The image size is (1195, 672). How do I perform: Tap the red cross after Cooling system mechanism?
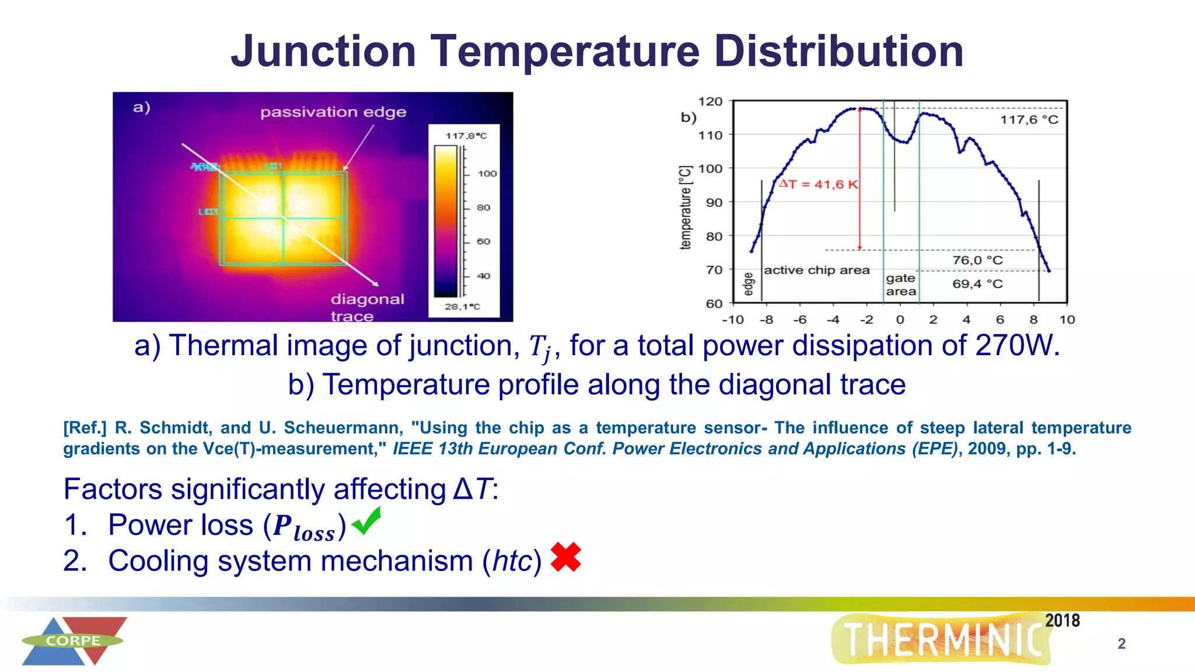click(565, 557)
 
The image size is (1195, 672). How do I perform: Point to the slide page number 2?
click(1121, 643)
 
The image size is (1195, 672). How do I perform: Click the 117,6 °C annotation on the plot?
click(1029, 120)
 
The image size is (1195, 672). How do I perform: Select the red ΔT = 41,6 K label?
click(818, 184)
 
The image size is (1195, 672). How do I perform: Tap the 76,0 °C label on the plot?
click(977, 260)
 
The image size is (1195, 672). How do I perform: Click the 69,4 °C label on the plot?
click(977, 284)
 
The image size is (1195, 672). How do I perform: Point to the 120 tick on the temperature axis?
click(710, 101)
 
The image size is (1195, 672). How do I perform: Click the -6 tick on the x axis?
click(799, 320)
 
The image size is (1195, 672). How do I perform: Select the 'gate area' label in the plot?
click(901, 285)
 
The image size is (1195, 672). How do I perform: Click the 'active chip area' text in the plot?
click(816, 270)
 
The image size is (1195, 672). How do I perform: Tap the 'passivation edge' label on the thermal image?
click(333, 112)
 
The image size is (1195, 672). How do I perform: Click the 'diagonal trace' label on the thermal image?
click(367, 307)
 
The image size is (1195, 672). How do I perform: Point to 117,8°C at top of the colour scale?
click(466, 136)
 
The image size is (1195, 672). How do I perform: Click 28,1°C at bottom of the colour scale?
click(462, 307)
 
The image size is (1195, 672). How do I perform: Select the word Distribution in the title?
click(838, 51)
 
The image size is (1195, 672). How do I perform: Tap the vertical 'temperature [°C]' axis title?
click(686, 207)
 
